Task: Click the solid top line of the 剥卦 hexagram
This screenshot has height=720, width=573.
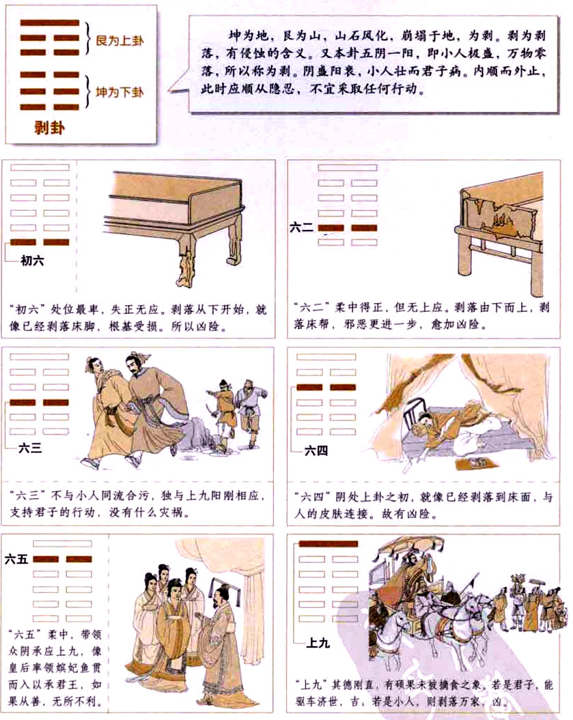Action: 49,23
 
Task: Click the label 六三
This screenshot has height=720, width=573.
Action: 31,448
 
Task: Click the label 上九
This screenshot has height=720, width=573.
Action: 318,642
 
